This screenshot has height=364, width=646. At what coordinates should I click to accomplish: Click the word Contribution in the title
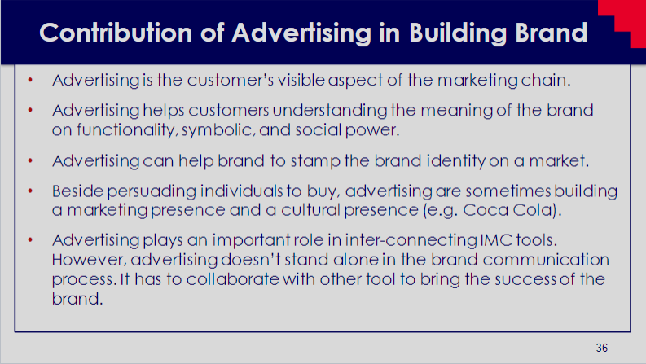pos(116,32)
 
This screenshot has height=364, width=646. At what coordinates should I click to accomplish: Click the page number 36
pos(601,348)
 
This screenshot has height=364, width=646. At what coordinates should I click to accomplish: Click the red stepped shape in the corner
pos(626,21)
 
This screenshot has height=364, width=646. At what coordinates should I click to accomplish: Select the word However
pos(90,261)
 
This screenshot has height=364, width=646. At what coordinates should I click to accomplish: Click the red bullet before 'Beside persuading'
pos(30,191)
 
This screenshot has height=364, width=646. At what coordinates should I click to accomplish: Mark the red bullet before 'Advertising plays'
pos(30,239)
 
